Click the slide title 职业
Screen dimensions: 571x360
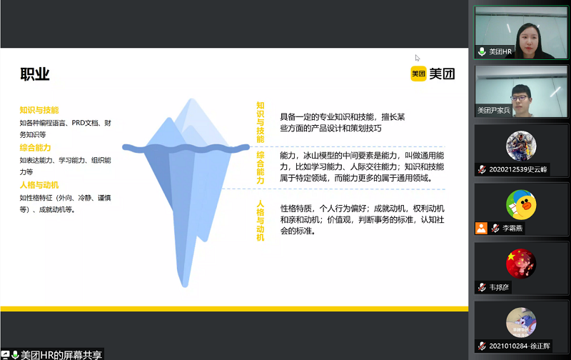[x=34, y=74]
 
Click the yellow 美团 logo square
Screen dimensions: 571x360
[x=418, y=74]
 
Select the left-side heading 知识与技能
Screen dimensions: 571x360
[x=39, y=110]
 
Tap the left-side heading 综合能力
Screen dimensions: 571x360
[x=35, y=148]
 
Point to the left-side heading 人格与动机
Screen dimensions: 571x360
[x=39, y=185]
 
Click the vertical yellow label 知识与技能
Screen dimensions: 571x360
[x=261, y=122]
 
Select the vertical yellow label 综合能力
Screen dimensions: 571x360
[x=261, y=168]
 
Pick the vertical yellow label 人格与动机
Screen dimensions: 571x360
[x=261, y=220]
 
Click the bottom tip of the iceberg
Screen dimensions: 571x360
[x=185, y=286]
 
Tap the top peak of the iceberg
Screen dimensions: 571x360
[x=192, y=99]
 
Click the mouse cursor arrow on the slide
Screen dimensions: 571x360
[x=418, y=58]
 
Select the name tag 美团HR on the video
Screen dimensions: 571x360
[x=500, y=51]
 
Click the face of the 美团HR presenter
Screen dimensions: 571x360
[x=527, y=39]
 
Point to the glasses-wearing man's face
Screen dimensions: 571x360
[x=521, y=99]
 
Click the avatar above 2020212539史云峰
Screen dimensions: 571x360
[x=521, y=146]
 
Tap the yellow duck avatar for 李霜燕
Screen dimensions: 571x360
[x=521, y=204]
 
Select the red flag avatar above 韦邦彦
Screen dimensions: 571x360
[x=521, y=264]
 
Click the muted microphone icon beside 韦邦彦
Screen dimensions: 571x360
[x=482, y=287]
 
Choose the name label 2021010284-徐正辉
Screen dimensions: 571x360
[x=520, y=346]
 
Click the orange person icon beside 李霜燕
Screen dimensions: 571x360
[x=481, y=228]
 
